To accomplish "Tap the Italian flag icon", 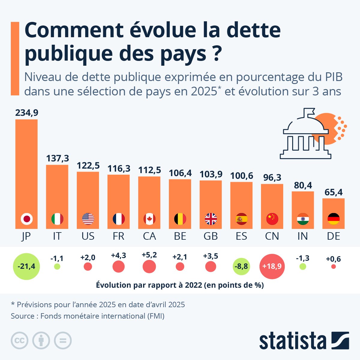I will [57, 219].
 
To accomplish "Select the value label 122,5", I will [88, 166].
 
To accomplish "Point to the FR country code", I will [118, 236].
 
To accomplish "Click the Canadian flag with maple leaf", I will [149, 219].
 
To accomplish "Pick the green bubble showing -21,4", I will [26, 266].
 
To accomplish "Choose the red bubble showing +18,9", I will [272, 266].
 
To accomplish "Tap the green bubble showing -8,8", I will [241, 266].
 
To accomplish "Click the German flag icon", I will [334, 219].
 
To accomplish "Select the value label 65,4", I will [334, 192].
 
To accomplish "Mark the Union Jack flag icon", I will [211, 219].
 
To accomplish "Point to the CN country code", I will [272, 236].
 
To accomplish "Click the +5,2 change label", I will [149, 255].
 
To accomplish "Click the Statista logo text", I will [293, 341].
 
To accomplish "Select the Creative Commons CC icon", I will [19, 340].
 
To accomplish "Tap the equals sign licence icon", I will [63, 340].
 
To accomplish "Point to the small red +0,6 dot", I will [333, 266].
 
